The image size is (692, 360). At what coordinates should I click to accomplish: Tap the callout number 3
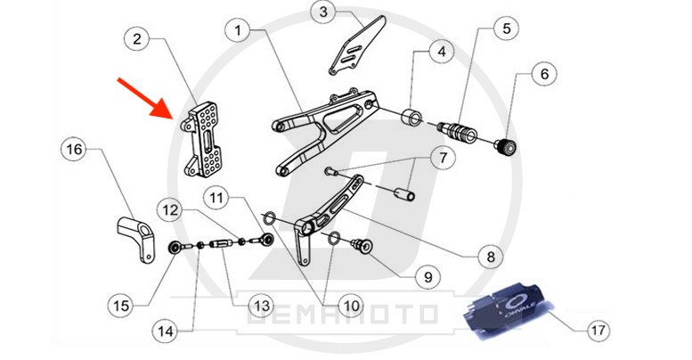click(323, 12)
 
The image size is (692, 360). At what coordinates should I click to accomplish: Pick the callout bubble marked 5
click(506, 28)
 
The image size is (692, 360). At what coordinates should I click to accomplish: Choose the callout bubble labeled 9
click(427, 276)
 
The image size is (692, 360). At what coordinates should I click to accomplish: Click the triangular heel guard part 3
click(356, 49)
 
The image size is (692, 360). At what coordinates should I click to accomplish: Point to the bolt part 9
click(363, 245)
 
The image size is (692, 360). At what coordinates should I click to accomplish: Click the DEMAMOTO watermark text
click(354, 314)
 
